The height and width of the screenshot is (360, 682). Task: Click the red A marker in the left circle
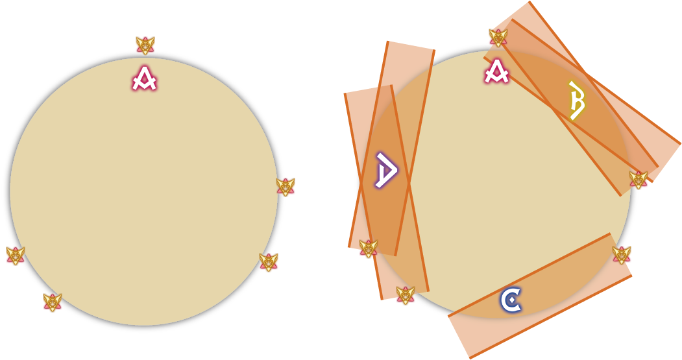click(145, 78)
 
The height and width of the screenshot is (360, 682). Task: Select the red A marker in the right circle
click(496, 72)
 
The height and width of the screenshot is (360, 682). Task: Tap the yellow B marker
click(576, 100)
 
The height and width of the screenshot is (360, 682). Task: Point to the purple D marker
click(386, 170)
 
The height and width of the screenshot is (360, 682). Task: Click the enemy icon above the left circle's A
click(145, 45)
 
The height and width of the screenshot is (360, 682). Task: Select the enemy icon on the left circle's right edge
click(286, 187)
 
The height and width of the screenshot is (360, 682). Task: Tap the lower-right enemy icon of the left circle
click(269, 262)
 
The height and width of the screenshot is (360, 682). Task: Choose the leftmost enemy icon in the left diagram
click(16, 256)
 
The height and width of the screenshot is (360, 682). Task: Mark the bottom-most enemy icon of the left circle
click(52, 303)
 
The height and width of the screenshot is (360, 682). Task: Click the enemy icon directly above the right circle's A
click(498, 38)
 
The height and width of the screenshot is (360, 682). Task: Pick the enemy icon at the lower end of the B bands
click(638, 180)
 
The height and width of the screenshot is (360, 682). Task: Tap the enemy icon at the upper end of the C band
click(622, 255)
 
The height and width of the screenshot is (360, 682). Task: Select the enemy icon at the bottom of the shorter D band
click(369, 248)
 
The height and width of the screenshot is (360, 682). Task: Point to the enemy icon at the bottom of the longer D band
click(406, 295)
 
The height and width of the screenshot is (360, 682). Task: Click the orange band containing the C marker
click(540, 296)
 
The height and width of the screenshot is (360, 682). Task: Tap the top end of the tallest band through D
click(411, 45)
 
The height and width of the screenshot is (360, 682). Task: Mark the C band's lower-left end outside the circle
click(459, 337)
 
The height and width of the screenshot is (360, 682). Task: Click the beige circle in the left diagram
click(143, 191)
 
